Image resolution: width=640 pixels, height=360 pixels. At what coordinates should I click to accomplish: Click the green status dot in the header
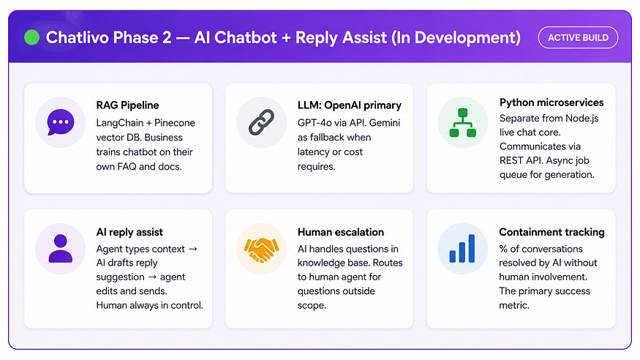(x=32, y=37)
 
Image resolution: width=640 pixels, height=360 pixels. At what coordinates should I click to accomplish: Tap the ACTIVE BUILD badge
(x=578, y=37)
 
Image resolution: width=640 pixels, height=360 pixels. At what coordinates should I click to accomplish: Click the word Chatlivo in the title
(x=77, y=37)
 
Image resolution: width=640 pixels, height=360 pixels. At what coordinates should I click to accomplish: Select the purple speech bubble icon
(x=61, y=122)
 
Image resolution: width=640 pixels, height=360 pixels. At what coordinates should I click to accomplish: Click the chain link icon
(x=262, y=122)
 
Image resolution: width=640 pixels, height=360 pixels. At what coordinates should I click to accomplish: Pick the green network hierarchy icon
(x=462, y=122)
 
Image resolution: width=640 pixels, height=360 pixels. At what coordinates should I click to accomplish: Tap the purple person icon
(x=61, y=249)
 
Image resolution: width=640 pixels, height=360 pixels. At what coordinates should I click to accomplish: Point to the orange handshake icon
(x=262, y=250)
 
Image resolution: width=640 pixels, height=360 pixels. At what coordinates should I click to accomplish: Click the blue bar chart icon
(x=462, y=249)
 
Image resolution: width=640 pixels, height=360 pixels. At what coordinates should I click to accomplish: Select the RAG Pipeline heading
(x=127, y=105)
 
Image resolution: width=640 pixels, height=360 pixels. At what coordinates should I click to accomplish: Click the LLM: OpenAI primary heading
(x=350, y=105)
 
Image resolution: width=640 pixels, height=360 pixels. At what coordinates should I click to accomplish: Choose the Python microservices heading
(x=551, y=102)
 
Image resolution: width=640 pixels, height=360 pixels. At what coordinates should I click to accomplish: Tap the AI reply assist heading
(x=129, y=232)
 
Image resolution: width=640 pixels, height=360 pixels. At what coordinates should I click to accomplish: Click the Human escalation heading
(x=341, y=232)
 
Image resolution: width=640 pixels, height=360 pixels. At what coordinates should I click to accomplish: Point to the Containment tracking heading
(x=551, y=232)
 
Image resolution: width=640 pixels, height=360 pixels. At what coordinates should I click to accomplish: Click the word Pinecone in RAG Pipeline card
(x=175, y=123)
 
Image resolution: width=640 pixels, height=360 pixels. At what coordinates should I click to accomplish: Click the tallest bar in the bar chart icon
(x=472, y=249)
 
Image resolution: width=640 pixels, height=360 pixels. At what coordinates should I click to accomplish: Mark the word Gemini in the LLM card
(x=385, y=123)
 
